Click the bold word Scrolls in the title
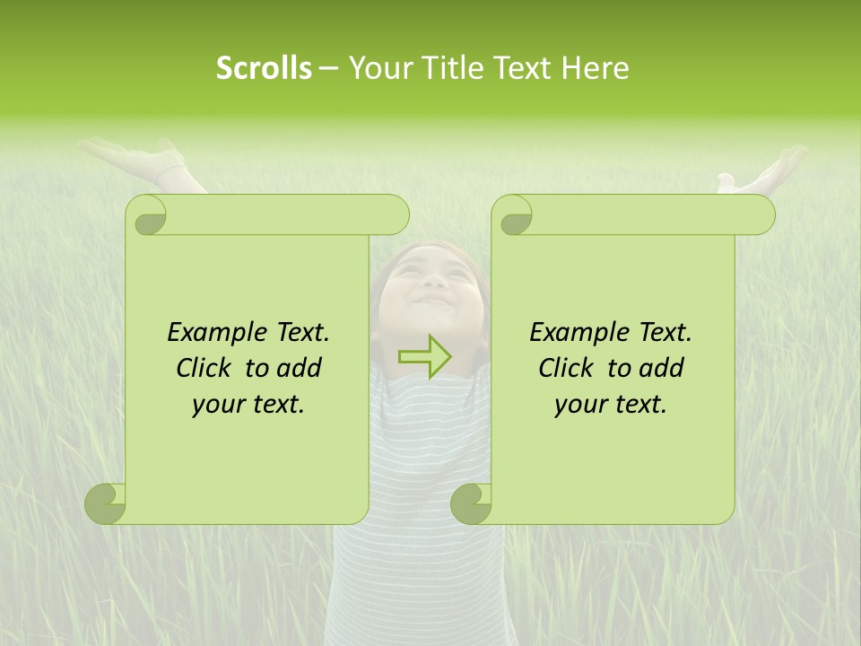[264, 68]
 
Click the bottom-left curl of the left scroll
[106, 503]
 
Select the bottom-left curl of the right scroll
[472, 503]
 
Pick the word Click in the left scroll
[205, 369]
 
